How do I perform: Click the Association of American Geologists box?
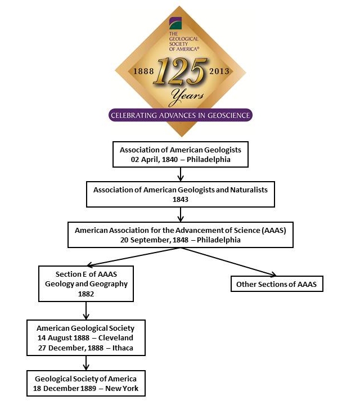tap(181, 154)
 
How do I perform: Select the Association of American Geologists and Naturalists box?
tap(181, 194)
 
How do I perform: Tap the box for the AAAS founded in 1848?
tap(181, 234)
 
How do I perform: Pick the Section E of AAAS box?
tap(86, 283)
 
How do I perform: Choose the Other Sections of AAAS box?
tap(276, 284)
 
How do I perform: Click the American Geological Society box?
tap(85, 337)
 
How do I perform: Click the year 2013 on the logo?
tap(219, 71)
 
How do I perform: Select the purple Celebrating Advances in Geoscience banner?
tap(181, 115)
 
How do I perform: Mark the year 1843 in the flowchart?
tap(180, 199)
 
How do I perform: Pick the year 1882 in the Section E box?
tap(86, 293)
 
